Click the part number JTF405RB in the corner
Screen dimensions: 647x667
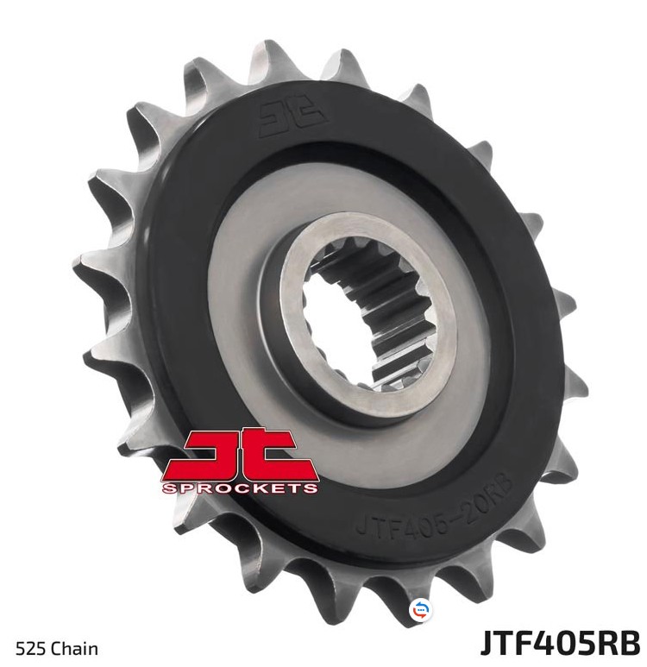tap(560, 642)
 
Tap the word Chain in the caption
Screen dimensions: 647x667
tap(74, 649)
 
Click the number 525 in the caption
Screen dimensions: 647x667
tap(31, 649)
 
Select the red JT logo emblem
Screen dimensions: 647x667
tap(240, 462)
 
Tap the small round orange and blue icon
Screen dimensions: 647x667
tap(420, 610)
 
